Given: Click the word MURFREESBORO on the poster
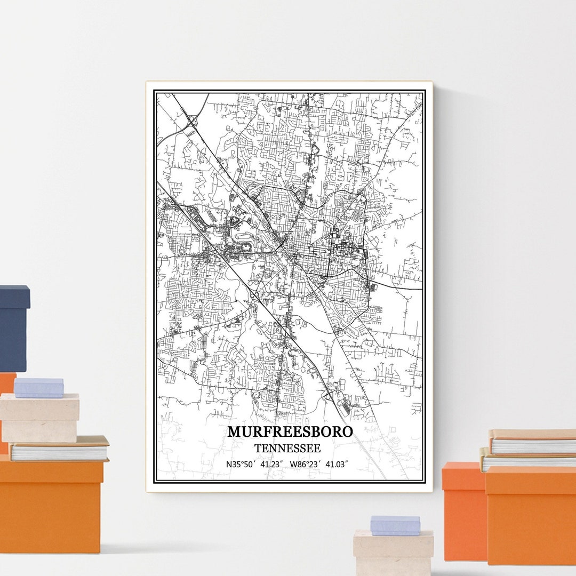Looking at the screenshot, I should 290,431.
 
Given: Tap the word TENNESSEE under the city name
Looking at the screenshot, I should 287,449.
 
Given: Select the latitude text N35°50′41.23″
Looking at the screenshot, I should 255,465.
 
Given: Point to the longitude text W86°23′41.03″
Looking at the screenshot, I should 319,465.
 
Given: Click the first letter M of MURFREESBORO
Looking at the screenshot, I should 234,431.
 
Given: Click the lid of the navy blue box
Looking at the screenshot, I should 14,295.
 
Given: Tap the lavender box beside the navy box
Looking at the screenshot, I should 38,388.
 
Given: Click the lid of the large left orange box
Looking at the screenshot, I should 51,473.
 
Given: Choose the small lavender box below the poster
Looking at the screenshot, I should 395,525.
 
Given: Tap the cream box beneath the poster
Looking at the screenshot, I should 393,552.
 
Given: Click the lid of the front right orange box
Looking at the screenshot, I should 530,479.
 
